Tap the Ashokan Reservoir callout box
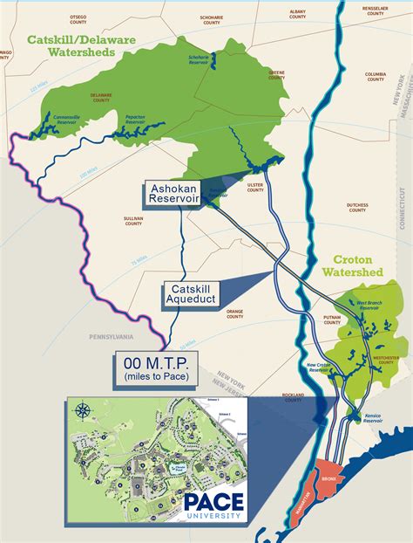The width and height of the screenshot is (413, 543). coord(172,193)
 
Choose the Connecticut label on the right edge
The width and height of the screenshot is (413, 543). coord(403,210)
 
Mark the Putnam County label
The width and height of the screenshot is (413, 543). coord(331,320)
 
